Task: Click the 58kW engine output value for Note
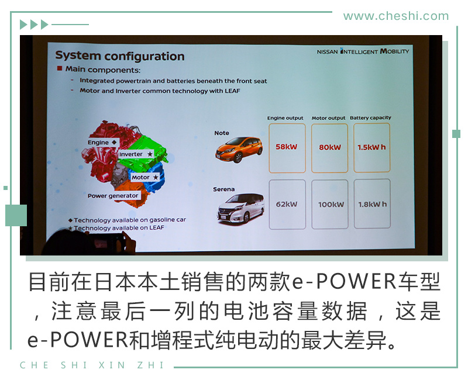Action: pyautogui.click(x=286, y=147)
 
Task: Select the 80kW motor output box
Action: pyautogui.click(x=329, y=148)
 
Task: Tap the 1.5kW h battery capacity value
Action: pyautogui.click(x=371, y=147)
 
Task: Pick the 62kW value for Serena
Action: pyautogui.click(x=287, y=204)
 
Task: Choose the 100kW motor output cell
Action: pyautogui.click(x=330, y=204)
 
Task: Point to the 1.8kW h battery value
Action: pyautogui.click(x=372, y=204)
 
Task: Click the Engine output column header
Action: pyautogui.click(x=285, y=118)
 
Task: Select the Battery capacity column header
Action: pyautogui.click(x=370, y=118)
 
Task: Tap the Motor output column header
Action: pyautogui.click(x=328, y=118)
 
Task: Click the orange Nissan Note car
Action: pyautogui.click(x=239, y=150)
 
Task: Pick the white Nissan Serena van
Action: pyautogui.click(x=240, y=208)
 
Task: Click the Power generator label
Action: pyautogui.click(x=113, y=196)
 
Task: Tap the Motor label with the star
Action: pyautogui.click(x=144, y=178)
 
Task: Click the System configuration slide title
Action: pyautogui.click(x=120, y=56)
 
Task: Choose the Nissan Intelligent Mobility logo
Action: pyautogui.click(x=363, y=51)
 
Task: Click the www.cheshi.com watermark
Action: pyautogui.click(x=396, y=16)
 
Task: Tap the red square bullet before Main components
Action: pyautogui.click(x=60, y=68)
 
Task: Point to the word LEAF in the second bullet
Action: pyautogui.click(x=232, y=91)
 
